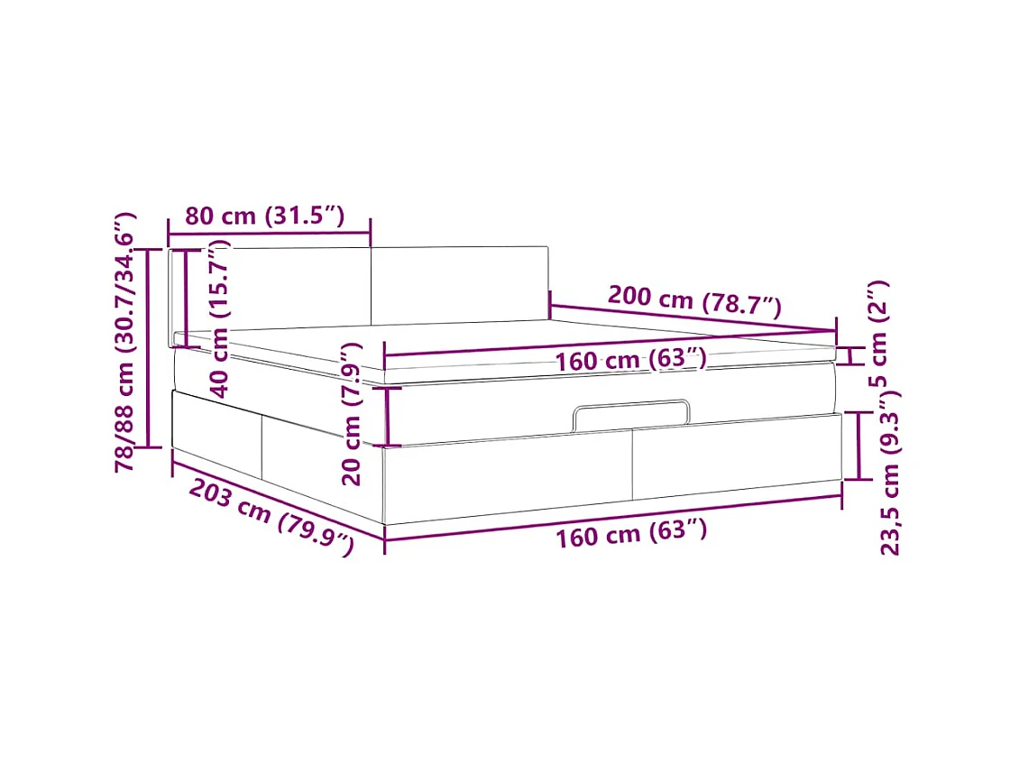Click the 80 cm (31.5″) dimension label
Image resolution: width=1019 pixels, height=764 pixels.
point(264,215)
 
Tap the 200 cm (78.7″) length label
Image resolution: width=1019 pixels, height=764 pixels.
point(694,300)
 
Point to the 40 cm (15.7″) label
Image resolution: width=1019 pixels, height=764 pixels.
point(220,318)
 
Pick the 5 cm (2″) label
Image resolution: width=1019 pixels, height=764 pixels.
point(878,334)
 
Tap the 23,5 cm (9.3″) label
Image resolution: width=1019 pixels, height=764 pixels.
point(890,473)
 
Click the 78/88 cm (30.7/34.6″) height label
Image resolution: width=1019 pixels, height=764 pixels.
point(124,342)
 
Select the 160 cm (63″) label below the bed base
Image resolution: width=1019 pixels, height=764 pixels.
point(631,534)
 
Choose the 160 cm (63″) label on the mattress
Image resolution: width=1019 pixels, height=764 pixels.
point(630,360)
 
